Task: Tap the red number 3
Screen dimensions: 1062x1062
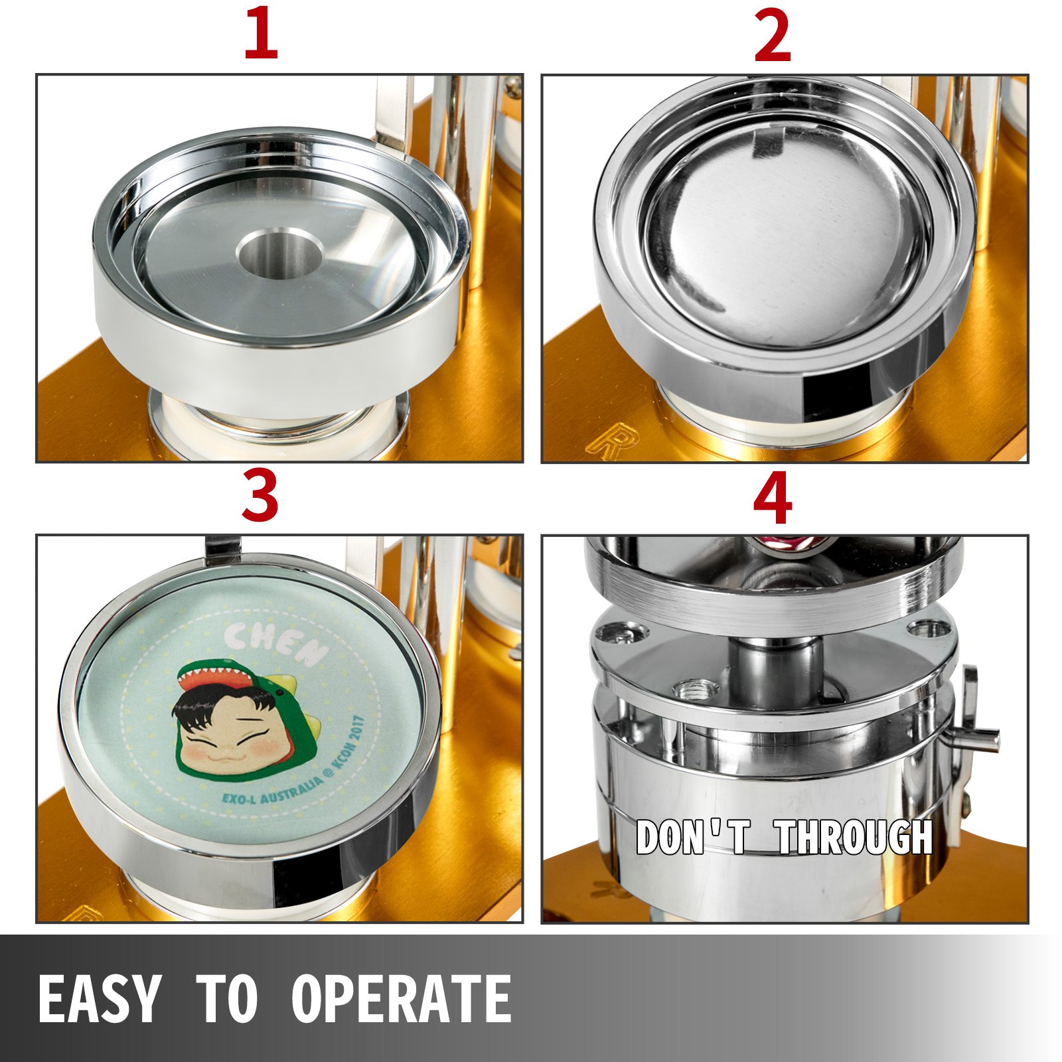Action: click(x=260, y=496)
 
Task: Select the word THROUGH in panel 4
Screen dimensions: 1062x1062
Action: click(x=856, y=838)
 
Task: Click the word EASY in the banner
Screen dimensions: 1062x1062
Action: click(x=100, y=999)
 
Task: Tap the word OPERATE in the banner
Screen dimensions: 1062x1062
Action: click(x=402, y=999)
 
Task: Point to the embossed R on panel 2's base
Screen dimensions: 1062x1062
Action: click(x=607, y=438)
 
